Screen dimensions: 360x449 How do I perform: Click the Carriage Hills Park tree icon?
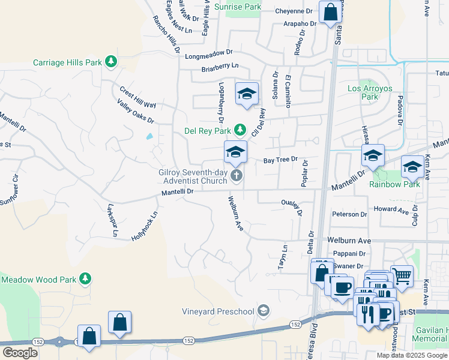110,61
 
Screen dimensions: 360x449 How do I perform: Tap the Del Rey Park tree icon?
240,130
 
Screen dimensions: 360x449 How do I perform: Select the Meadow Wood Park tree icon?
85,278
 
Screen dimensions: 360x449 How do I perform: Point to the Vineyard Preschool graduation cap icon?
262,310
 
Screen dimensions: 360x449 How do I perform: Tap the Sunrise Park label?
238,7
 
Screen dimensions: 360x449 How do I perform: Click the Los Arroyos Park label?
370,92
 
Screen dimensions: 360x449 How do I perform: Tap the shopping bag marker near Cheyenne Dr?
330,13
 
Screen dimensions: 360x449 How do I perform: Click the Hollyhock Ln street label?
145,226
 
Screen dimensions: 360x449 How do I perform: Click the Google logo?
20,353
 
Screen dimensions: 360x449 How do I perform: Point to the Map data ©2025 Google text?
412,355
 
